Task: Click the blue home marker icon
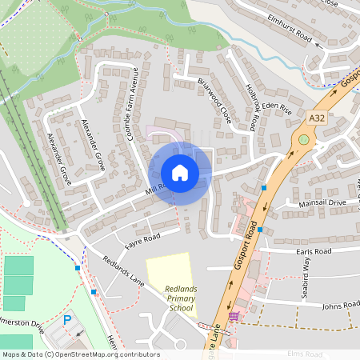[x=180, y=173]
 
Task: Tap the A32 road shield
[x=317, y=118]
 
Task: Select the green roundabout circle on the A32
[x=304, y=139]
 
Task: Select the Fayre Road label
[x=142, y=237]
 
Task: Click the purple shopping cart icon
[x=233, y=317]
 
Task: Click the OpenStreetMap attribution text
[x=80, y=354]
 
